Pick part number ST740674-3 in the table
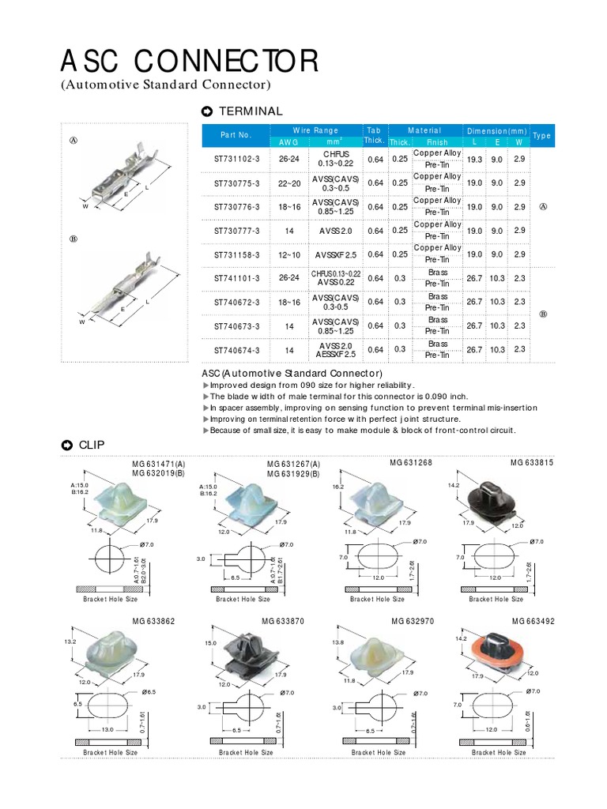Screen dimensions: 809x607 click(236, 348)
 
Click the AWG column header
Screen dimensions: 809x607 click(284, 142)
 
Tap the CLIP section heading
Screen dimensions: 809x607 click(91, 444)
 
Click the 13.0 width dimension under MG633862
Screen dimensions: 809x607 click(108, 729)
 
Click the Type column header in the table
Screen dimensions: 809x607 click(542, 136)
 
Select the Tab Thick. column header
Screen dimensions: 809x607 click(373, 136)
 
